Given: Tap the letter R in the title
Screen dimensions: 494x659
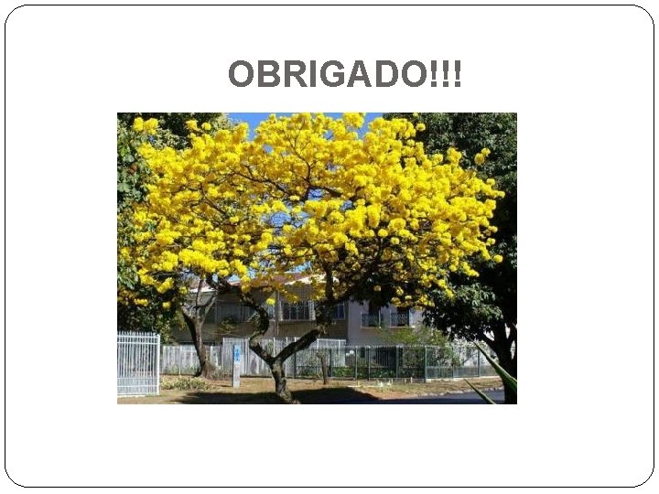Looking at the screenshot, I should [x=291, y=75].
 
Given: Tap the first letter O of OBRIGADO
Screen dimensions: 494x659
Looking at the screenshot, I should [x=240, y=75].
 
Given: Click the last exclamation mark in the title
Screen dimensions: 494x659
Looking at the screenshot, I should [x=457, y=75].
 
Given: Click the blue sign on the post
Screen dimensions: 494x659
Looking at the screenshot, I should [x=237, y=354].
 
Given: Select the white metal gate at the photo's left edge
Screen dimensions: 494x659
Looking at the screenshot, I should [x=137, y=363].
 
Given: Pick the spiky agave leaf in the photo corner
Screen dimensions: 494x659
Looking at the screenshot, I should [x=500, y=375].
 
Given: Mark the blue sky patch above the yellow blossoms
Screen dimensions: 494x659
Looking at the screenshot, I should [x=243, y=119].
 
